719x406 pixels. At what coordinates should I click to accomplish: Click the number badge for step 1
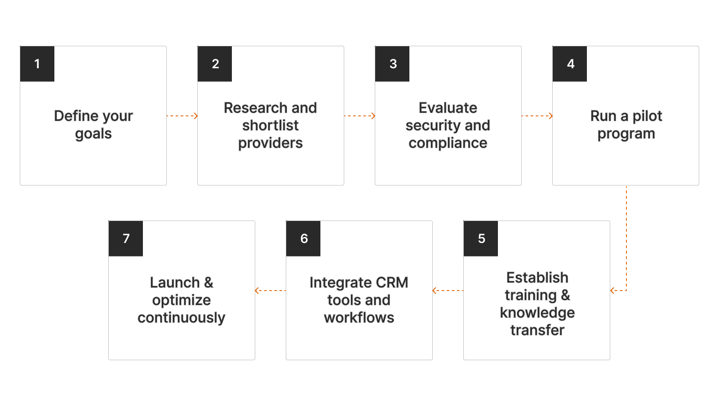[x=37, y=64]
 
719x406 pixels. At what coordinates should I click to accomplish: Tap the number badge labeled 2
[x=215, y=64]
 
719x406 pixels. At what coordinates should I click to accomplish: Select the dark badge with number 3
[x=392, y=64]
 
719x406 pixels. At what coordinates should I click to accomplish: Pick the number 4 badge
[x=570, y=64]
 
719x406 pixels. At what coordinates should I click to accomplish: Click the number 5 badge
[x=481, y=238]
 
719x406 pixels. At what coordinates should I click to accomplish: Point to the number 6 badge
[x=303, y=238]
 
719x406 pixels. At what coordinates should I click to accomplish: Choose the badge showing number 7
[x=126, y=238]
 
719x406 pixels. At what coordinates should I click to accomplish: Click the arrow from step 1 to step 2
[x=182, y=116]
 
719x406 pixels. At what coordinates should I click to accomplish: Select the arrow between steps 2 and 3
[x=359, y=116]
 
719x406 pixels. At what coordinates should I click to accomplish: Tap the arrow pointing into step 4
[x=537, y=116]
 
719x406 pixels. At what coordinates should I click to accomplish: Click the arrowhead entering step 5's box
[x=612, y=291]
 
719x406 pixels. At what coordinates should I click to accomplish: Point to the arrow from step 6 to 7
[x=271, y=291]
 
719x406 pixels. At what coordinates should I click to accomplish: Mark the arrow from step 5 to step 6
[x=448, y=291]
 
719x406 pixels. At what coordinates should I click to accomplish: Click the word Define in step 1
[x=70, y=116]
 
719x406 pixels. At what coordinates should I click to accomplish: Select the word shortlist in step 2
[x=270, y=125]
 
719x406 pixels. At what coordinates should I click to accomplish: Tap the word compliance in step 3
[x=448, y=143]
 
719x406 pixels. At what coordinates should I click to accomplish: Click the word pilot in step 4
[x=647, y=116]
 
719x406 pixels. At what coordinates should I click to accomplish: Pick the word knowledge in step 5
[x=537, y=313]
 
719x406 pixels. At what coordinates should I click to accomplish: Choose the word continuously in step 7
[x=181, y=318]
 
